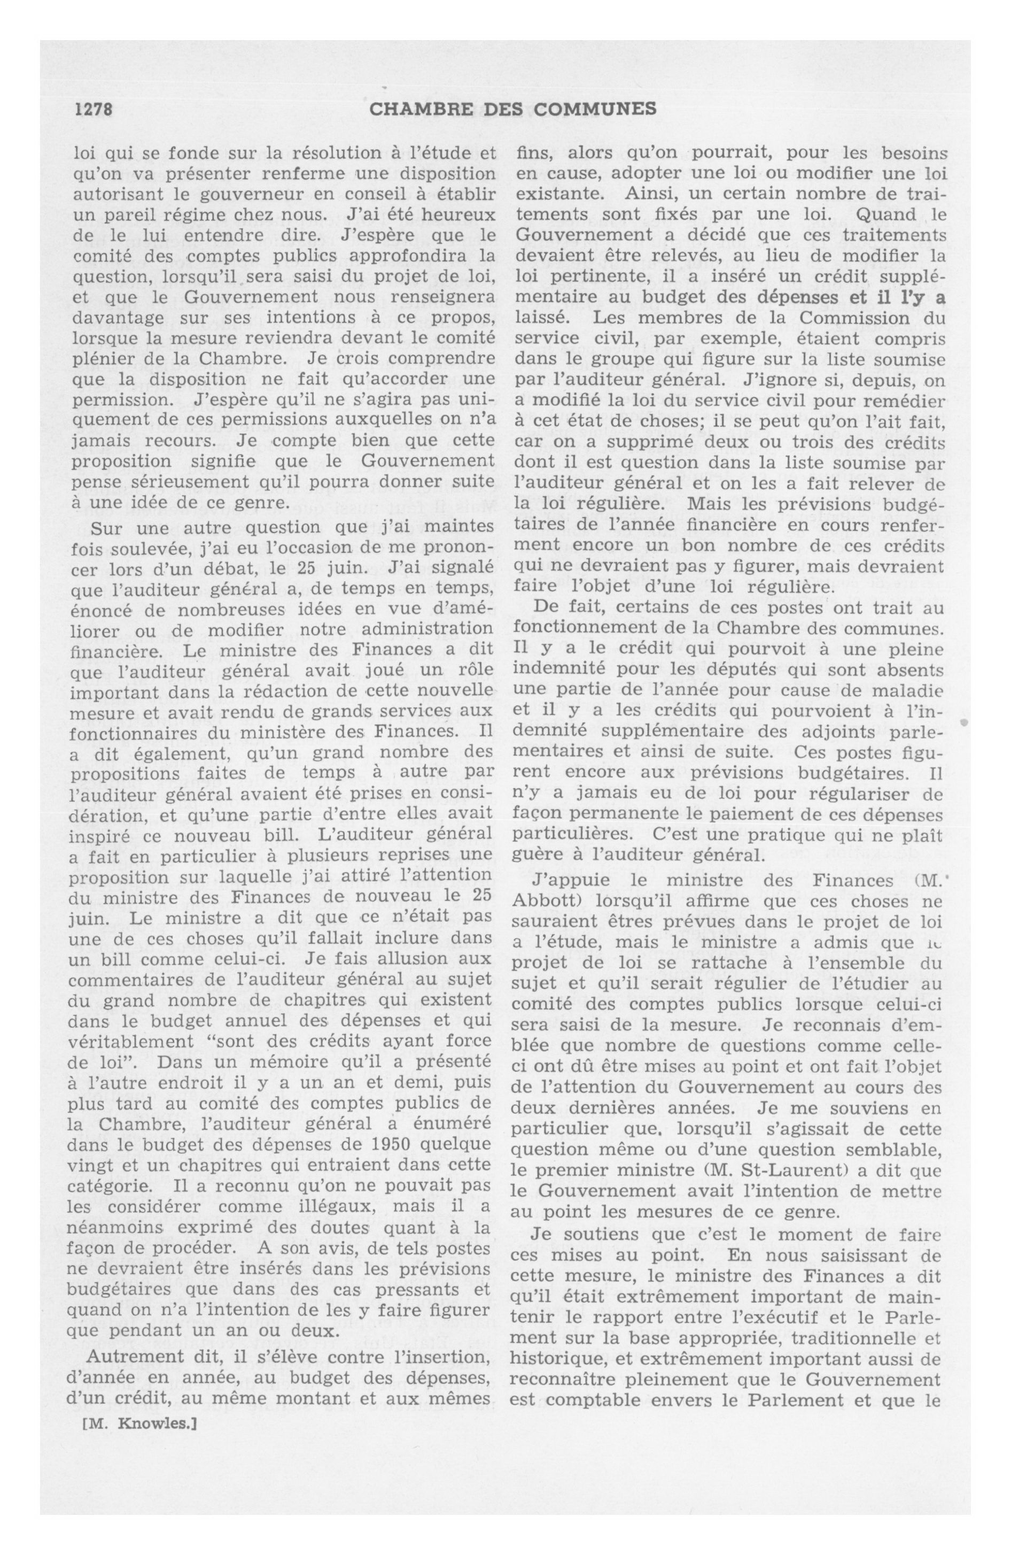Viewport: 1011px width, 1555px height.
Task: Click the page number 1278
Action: [94, 109]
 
